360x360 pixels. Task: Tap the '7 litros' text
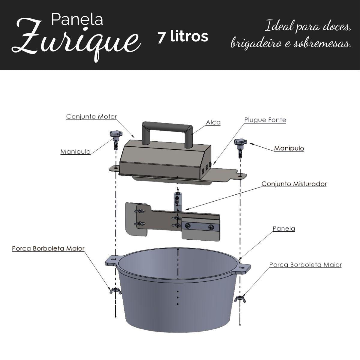coord(183,37)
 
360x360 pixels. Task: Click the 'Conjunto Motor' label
coord(91,117)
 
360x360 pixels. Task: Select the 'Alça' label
coord(213,123)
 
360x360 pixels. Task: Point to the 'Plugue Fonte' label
coord(265,120)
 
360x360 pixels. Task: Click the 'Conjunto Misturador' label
coord(294,184)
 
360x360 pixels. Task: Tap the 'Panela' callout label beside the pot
coord(284,229)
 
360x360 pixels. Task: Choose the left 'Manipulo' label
coord(76,151)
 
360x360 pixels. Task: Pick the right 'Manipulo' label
coord(289,148)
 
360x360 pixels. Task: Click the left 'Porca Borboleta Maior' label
coord(48,248)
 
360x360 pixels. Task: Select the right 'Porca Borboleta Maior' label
coord(305,265)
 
